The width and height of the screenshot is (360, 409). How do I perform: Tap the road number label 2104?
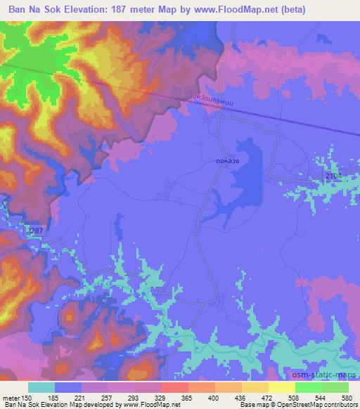point(333,175)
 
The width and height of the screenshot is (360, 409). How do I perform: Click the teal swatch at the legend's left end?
point(41,387)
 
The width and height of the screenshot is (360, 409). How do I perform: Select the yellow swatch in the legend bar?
point(281,387)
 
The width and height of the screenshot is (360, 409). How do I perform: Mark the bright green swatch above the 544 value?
point(307,387)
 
